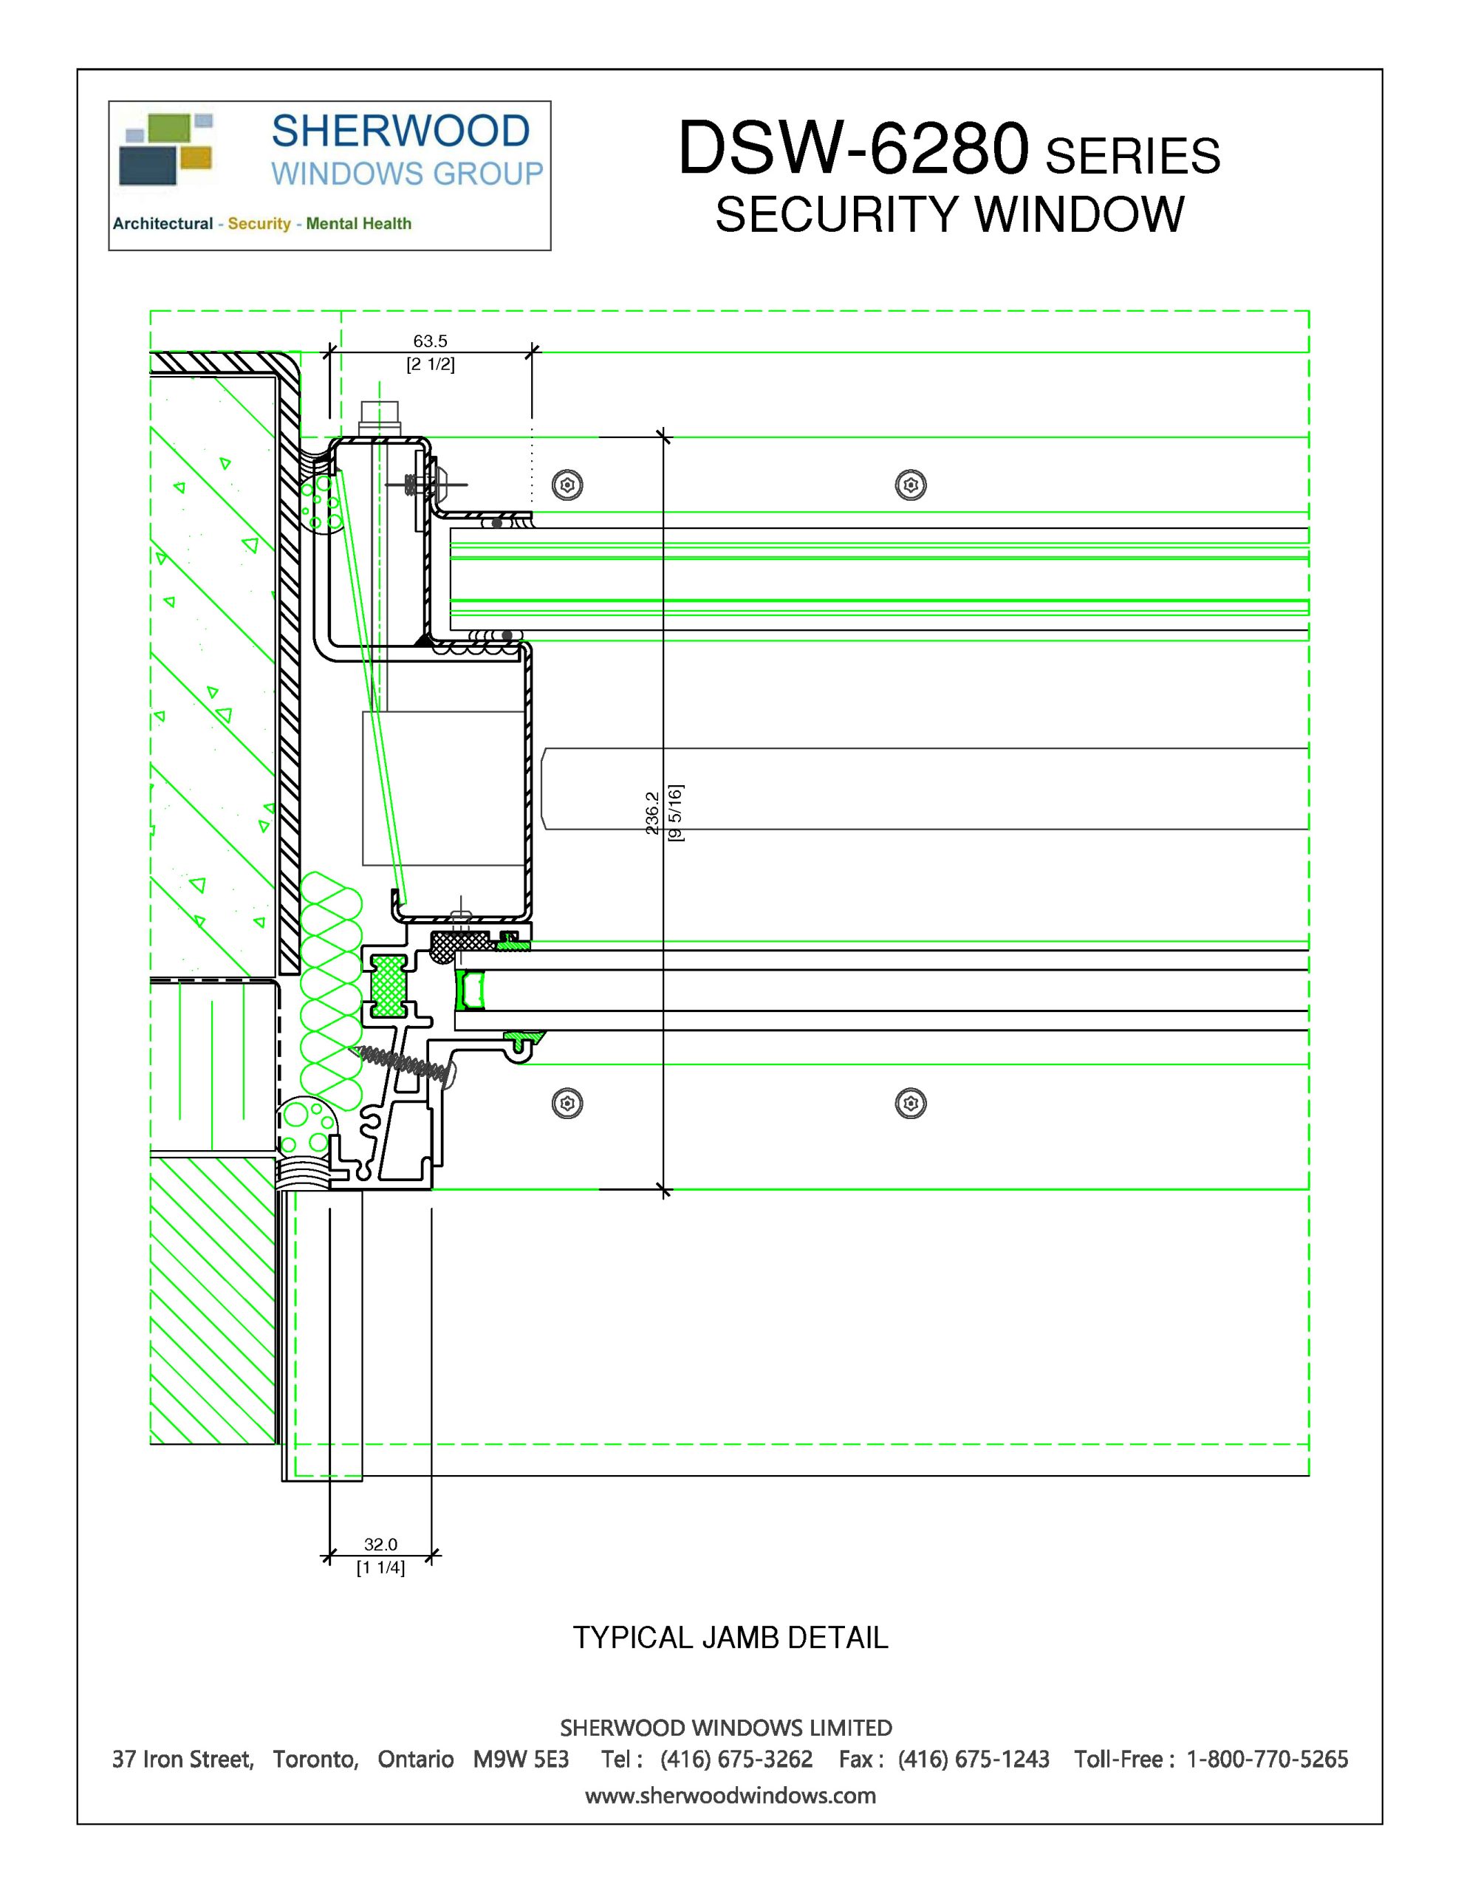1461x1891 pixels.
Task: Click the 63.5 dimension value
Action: [x=430, y=341]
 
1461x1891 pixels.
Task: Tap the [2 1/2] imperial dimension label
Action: [x=431, y=363]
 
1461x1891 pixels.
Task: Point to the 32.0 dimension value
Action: [x=380, y=1544]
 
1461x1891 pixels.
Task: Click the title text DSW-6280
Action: [x=853, y=149]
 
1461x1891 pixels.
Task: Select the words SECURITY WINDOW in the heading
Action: [x=949, y=215]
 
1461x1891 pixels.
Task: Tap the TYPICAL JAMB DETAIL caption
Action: [x=730, y=1638]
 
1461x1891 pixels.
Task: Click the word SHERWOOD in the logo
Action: [x=400, y=131]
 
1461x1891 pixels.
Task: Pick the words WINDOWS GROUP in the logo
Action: [x=407, y=174]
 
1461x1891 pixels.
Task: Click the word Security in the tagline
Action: [x=259, y=223]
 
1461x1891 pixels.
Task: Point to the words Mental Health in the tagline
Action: [x=358, y=223]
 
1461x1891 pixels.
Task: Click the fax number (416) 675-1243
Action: [x=974, y=1759]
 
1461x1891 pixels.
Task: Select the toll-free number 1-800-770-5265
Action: [x=1267, y=1759]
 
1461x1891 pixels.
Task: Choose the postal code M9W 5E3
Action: [x=521, y=1759]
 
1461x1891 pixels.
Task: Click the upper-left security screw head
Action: [x=567, y=485]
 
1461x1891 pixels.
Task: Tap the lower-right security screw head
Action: [x=910, y=1103]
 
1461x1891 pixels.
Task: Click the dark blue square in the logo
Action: [x=147, y=165]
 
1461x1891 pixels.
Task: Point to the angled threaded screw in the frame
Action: [x=403, y=1062]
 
